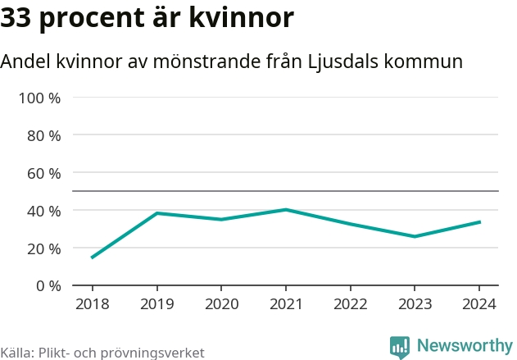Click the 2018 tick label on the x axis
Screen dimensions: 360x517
click(92, 304)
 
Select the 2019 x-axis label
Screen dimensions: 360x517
click(156, 304)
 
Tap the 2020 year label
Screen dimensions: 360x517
click(221, 304)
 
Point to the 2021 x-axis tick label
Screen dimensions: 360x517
click(286, 304)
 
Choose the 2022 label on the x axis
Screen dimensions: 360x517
click(351, 304)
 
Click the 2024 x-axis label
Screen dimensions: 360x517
click(479, 304)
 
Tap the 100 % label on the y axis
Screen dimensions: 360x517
click(40, 98)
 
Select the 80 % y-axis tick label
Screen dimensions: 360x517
click(44, 135)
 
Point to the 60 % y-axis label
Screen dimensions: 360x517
click(44, 173)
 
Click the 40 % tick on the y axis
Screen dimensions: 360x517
click(44, 211)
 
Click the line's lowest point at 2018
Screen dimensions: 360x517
click(92, 257)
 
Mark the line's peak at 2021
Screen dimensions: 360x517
click(286, 209)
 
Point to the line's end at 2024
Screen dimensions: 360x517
click(479, 221)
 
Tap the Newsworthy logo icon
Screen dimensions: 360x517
click(400, 347)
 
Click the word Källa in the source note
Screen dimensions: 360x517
click(16, 353)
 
